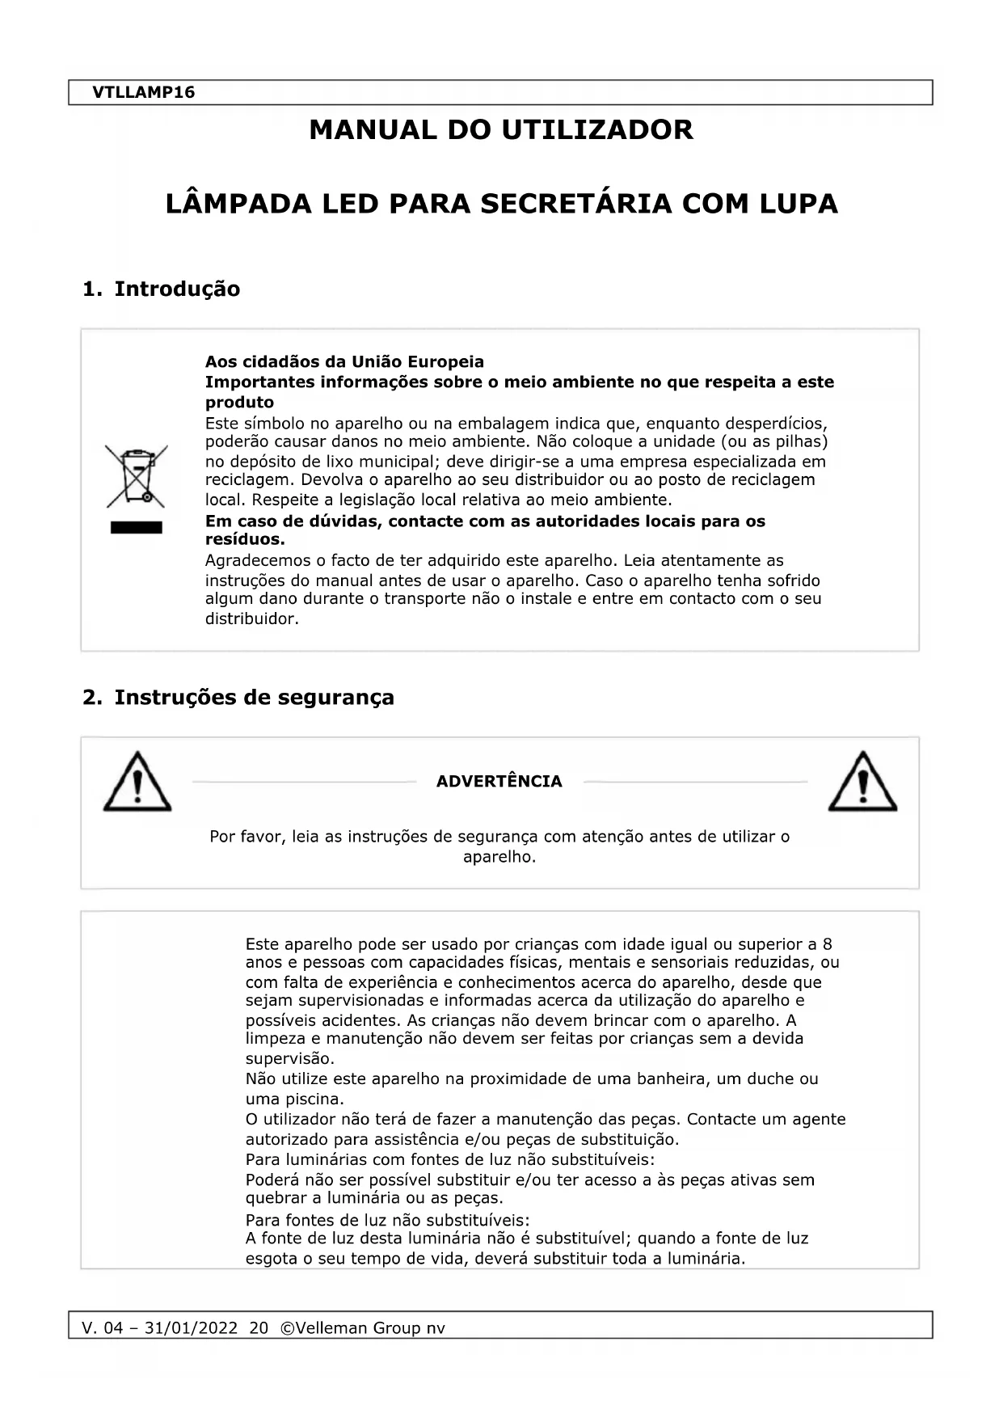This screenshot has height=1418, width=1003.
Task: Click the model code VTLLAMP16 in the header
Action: [143, 92]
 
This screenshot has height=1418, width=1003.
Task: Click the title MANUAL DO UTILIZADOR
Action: [501, 129]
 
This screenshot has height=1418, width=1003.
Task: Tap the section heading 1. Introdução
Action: [162, 289]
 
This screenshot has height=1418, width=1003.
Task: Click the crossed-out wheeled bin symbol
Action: [137, 476]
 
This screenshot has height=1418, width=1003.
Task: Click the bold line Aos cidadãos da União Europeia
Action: [344, 361]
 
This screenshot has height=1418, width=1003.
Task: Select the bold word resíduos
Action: [244, 539]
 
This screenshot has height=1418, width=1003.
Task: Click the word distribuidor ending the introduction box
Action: [251, 619]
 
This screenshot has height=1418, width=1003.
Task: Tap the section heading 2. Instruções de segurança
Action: [238, 697]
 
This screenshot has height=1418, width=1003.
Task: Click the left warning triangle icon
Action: [137, 783]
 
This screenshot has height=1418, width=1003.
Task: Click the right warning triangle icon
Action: [862, 783]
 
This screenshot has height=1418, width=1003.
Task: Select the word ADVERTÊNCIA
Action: [499, 781]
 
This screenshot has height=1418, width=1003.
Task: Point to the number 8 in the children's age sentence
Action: [827, 944]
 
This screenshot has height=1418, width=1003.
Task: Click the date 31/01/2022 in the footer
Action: [191, 1327]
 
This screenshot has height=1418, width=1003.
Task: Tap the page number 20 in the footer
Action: [259, 1327]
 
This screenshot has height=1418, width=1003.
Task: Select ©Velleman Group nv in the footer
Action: [362, 1327]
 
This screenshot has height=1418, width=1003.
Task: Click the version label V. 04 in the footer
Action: [103, 1327]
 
